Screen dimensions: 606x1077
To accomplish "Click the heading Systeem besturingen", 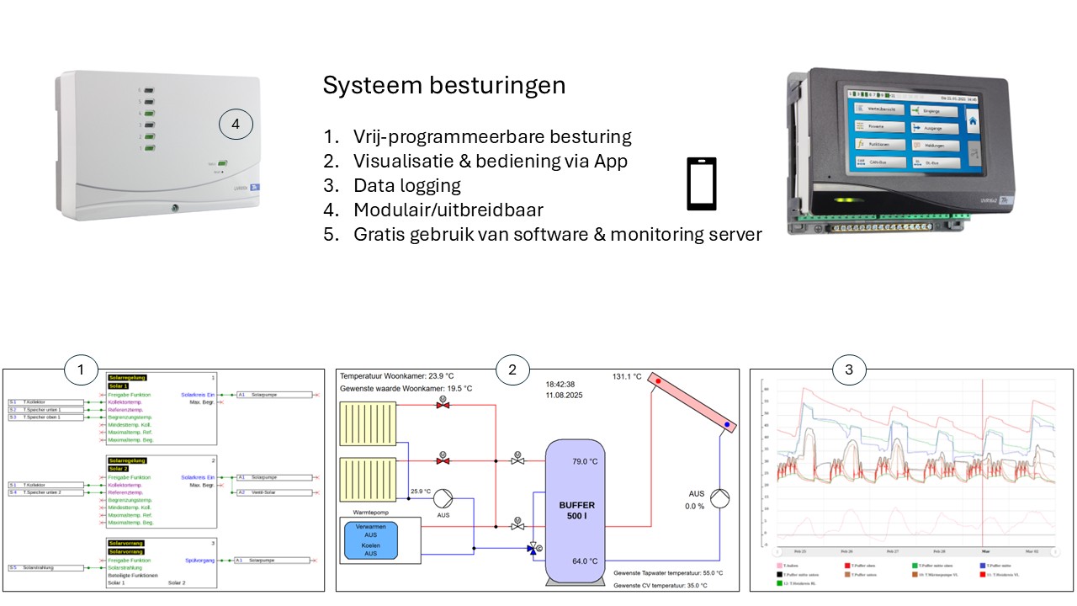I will tap(444, 86).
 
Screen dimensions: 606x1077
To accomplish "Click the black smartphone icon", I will tap(702, 183).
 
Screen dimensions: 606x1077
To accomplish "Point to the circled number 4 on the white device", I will tap(236, 125).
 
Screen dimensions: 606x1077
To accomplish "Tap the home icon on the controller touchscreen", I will tap(973, 121).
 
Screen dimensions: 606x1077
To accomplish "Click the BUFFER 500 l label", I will tap(576, 512).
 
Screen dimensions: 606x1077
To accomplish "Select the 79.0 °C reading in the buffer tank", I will tap(584, 461).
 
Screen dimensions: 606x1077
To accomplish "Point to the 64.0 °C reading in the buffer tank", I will tap(584, 561).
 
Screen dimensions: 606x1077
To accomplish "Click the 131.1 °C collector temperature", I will tap(626, 376).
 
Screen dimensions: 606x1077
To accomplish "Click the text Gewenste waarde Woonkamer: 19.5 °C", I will tap(406, 389).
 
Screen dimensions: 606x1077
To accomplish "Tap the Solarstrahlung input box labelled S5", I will tap(46, 568).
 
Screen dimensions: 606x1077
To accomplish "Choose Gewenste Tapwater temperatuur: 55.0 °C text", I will tap(668, 572).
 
